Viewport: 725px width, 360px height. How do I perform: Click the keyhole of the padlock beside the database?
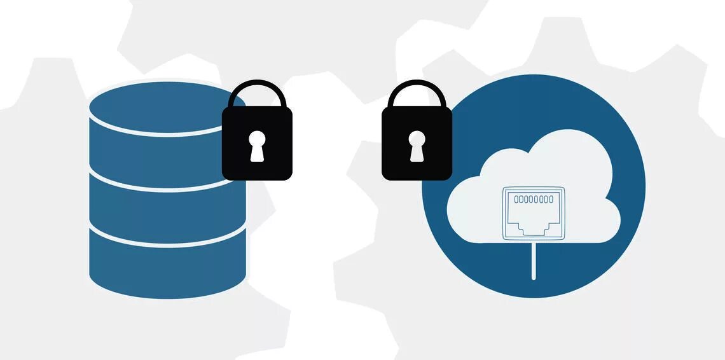click(x=257, y=145)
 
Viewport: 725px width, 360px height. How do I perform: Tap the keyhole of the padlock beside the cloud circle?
click(x=417, y=145)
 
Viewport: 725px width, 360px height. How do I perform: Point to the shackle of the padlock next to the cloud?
click(x=417, y=88)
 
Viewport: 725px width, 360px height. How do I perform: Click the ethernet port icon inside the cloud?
click(x=533, y=213)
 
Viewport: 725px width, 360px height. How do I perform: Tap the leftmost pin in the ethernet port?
click(x=516, y=200)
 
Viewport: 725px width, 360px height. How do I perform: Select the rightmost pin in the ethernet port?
click(x=551, y=200)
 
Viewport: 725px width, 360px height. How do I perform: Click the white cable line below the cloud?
click(x=533, y=261)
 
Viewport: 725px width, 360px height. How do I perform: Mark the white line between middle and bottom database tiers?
click(x=167, y=243)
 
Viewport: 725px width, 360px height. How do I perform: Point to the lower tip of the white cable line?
click(x=533, y=277)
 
